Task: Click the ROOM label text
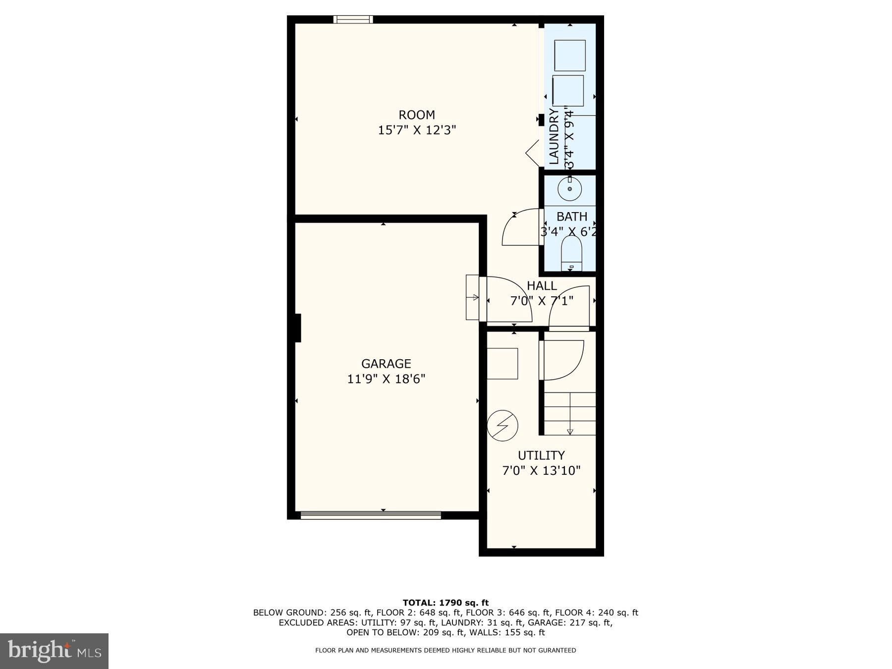pos(417,115)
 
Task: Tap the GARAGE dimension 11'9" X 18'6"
pos(386,379)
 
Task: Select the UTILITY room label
pos(541,455)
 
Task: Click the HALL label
pos(542,286)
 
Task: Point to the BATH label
pos(572,217)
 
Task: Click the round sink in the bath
pos(569,189)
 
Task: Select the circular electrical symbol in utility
pos(502,425)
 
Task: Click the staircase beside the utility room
pos(570,413)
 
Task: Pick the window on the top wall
pos(353,19)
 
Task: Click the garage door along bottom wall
pos(371,515)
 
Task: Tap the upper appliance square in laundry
pos(570,56)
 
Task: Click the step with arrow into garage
pos(473,298)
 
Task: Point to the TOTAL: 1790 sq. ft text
pos(446,603)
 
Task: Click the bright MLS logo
pos(54,651)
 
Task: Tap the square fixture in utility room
pos(502,364)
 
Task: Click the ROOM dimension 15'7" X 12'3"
pos(417,130)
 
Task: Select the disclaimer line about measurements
pos(446,650)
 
